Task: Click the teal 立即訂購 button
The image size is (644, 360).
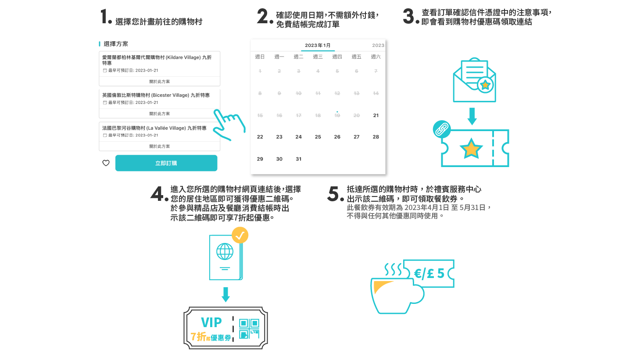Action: pyautogui.click(x=166, y=163)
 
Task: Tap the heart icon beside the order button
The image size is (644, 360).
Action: pyautogui.click(x=106, y=163)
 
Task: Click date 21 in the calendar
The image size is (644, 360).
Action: pyautogui.click(x=376, y=115)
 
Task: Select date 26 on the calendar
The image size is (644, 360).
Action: pyautogui.click(x=337, y=137)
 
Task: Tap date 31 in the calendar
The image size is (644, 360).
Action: pyautogui.click(x=298, y=159)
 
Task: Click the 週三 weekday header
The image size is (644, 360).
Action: pyautogui.click(x=318, y=57)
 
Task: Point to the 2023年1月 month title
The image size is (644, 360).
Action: pyautogui.click(x=318, y=45)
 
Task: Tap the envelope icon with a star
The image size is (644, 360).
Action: pyautogui.click(x=474, y=81)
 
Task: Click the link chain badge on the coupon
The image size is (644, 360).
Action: pyautogui.click(x=442, y=129)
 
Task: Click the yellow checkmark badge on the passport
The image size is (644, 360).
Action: pyautogui.click(x=240, y=235)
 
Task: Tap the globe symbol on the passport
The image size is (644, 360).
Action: pyautogui.click(x=225, y=252)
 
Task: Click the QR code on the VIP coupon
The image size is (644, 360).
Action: pyautogui.click(x=249, y=329)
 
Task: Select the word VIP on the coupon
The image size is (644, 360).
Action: pyautogui.click(x=211, y=323)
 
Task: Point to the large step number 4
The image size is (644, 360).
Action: pyautogui.click(x=157, y=193)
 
